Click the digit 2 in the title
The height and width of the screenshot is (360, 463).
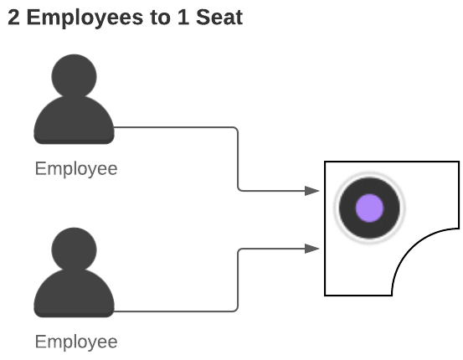coord(14,17)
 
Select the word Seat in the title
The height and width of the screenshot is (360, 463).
coord(219,17)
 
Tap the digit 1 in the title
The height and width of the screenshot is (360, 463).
coord(183,17)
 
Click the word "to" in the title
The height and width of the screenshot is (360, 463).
coord(161,18)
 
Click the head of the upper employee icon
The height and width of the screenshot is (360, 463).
coord(75,76)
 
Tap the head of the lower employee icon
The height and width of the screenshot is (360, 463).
coord(75,249)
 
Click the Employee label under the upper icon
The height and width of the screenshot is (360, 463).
coord(76,169)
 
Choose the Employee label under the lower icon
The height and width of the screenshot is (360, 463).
coord(76,342)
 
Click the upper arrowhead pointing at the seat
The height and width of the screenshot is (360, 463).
coord(312,191)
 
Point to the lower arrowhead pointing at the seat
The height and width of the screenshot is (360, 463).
coord(312,249)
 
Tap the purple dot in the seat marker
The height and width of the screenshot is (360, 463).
coord(369,208)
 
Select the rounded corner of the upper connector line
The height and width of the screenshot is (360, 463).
coord(236,129)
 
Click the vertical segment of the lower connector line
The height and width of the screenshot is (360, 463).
coord(238,280)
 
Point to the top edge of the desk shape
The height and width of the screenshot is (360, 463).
coord(392,162)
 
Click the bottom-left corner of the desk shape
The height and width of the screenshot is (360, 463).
coord(325,295)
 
